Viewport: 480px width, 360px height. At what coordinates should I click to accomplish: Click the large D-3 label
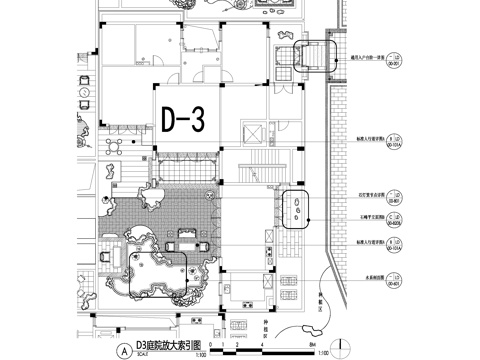(183, 119)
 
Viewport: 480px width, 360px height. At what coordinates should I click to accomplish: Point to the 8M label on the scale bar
(313, 345)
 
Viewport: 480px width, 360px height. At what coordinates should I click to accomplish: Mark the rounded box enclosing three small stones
(298, 209)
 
